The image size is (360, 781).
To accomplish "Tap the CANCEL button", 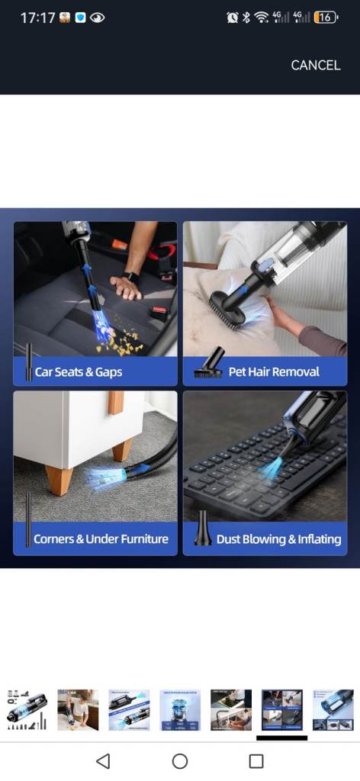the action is click(x=316, y=66).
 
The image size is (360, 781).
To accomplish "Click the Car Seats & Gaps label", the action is click(x=78, y=372).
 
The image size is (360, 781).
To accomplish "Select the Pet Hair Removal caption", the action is click(x=274, y=371).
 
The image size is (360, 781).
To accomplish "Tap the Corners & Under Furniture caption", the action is click(x=101, y=539).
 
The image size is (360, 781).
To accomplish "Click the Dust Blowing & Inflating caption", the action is click(x=279, y=539).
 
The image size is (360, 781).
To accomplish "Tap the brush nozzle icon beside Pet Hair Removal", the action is click(x=209, y=362).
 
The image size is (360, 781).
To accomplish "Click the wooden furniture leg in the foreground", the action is click(x=59, y=480).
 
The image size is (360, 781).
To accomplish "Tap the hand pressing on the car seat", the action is click(x=125, y=287).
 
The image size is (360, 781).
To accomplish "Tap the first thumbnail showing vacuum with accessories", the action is click(x=27, y=710).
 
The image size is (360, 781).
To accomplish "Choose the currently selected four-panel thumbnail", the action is click(x=282, y=710).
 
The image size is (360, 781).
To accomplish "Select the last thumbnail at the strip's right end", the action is click(x=333, y=710).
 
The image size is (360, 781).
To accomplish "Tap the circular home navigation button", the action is click(x=180, y=761).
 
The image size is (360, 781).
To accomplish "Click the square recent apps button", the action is click(x=256, y=761).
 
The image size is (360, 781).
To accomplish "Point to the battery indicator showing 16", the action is click(x=326, y=18).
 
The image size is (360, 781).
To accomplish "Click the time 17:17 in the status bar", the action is click(x=37, y=18).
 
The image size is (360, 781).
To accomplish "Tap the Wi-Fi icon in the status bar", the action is click(x=261, y=18).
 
